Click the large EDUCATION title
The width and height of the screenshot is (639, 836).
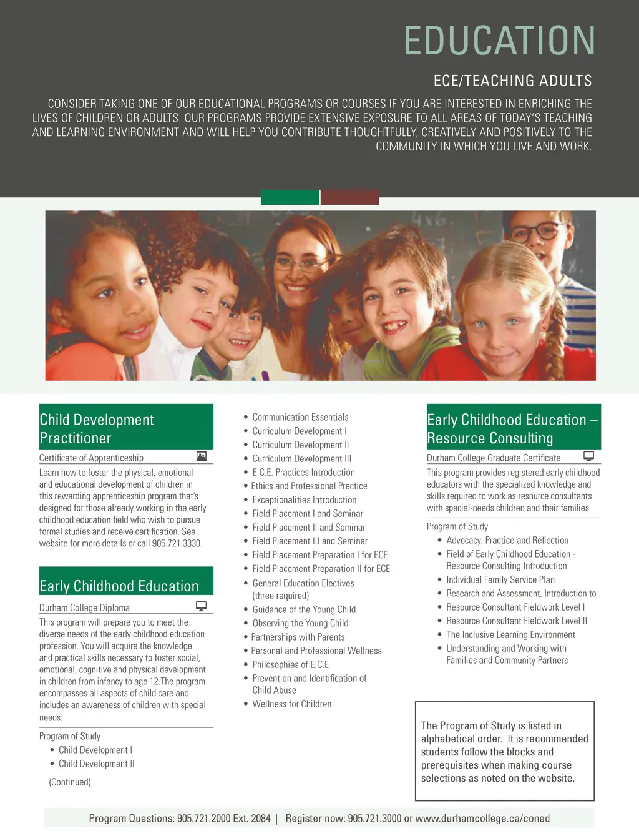[499, 41]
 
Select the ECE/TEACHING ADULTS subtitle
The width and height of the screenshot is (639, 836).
[512, 81]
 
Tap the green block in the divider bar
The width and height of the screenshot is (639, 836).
[290, 197]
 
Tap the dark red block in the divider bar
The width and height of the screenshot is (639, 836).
[350, 197]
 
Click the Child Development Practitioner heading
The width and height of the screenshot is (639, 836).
[97, 428]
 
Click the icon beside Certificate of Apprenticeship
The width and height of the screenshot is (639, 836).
[201, 456]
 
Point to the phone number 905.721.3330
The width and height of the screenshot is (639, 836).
[177, 543]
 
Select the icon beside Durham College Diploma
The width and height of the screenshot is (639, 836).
[201, 606]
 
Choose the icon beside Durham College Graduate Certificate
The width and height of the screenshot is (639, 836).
[588, 456]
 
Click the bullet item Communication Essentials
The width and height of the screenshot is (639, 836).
[300, 417]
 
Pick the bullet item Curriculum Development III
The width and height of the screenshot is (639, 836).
[301, 458]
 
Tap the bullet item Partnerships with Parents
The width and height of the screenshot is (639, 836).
[298, 637]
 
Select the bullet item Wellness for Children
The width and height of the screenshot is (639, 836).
[291, 704]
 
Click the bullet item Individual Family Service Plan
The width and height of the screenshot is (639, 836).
[500, 579]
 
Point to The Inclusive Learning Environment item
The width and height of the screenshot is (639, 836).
[510, 634]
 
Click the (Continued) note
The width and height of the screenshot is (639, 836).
[70, 782]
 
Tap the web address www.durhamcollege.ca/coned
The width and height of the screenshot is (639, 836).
[482, 818]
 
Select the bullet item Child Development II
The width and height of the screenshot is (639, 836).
[96, 764]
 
